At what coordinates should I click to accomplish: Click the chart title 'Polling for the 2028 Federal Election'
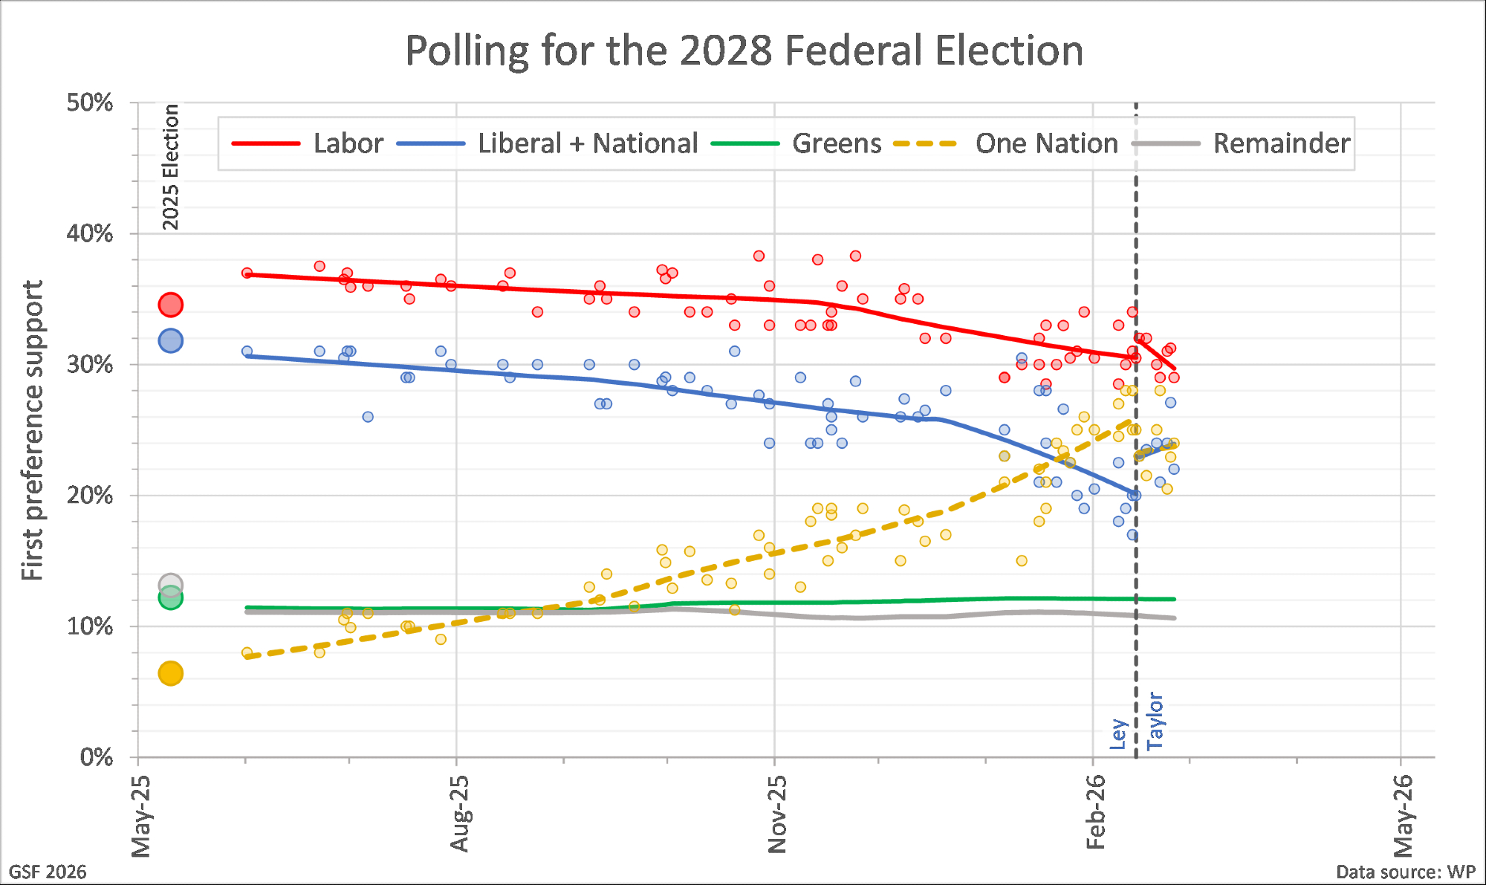pyautogui.click(x=744, y=51)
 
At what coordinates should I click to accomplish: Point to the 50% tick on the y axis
pyautogui.click(x=90, y=103)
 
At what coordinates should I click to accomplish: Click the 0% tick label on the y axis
pyautogui.click(x=97, y=758)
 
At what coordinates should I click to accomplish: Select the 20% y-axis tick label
pyautogui.click(x=90, y=496)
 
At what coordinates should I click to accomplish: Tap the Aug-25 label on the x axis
pyautogui.click(x=460, y=813)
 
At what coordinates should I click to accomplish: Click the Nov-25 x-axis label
pyautogui.click(x=777, y=813)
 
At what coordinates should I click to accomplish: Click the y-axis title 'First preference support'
pyautogui.click(x=33, y=430)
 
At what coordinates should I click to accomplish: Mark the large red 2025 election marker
pyautogui.click(x=171, y=305)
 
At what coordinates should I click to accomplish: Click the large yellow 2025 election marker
pyautogui.click(x=171, y=673)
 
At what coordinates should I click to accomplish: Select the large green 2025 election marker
pyautogui.click(x=171, y=598)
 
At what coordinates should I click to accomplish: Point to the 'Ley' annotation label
pyautogui.click(x=1119, y=733)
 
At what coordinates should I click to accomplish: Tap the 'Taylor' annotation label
pyautogui.click(x=1155, y=721)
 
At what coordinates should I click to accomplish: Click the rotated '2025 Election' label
pyautogui.click(x=171, y=167)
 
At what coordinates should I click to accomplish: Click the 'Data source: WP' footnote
pyautogui.click(x=1405, y=872)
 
